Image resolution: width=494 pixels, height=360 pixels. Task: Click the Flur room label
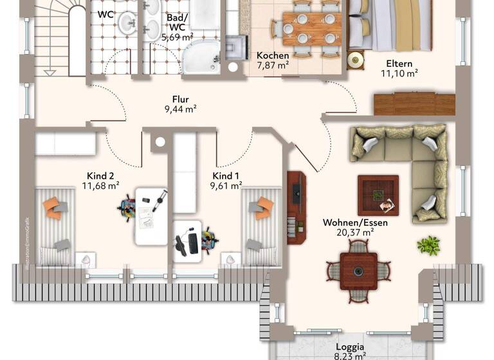[180, 100]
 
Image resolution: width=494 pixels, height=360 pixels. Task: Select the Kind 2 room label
[100, 175]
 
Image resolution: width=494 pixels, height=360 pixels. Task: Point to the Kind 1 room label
[226, 175]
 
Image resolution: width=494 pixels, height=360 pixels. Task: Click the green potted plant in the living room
[428, 245]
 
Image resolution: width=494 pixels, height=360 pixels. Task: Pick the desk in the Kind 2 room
[151, 215]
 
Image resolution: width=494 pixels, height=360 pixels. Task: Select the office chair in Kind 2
[127, 208]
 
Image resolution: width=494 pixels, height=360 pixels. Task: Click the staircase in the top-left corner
[58, 35]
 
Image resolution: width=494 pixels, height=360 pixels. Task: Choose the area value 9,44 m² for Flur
[181, 110]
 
